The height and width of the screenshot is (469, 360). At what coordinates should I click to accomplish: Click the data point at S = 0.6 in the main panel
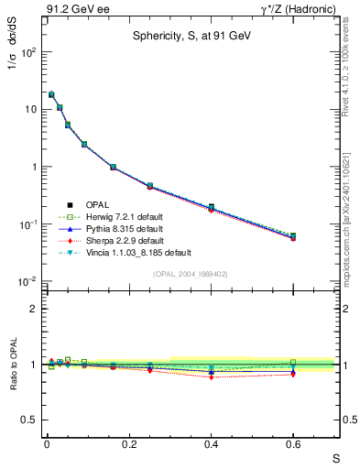tap(293, 236)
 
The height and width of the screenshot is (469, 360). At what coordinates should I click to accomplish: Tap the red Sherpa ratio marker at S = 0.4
tap(211, 376)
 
